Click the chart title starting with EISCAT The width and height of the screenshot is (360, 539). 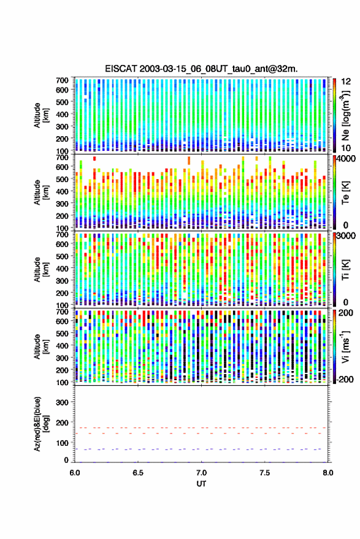click(202, 69)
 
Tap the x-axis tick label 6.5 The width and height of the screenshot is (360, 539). click(138, 473)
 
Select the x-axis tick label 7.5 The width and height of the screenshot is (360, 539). click(265, 473)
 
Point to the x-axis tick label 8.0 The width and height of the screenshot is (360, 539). click(327, 473)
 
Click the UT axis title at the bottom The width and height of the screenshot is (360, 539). click(201, 484)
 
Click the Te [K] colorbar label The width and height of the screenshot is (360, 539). click(345, 193)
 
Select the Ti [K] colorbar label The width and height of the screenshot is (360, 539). click(345, 270)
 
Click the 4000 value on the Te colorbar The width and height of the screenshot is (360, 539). click(345, 159)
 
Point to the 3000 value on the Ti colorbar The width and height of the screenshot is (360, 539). click(345, 236)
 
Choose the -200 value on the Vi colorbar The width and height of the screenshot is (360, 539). click(345, 379)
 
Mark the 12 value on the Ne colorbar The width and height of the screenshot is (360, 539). click(347, 82)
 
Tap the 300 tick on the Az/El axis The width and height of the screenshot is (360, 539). click(62, 402)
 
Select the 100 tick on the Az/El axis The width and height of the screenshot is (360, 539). click(62, 443)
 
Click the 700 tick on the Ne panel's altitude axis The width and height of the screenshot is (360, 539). click(62, 80)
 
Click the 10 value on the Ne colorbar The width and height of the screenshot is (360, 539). click(347, 148)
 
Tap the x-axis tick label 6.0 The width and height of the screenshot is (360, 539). click(75, 473)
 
